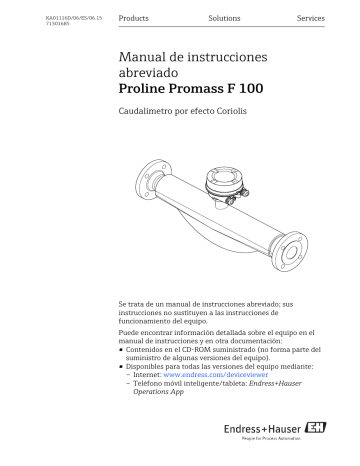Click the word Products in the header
pyautogui.click(x=133, y=20)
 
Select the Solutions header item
pyautogui.click(x=224, y=20)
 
